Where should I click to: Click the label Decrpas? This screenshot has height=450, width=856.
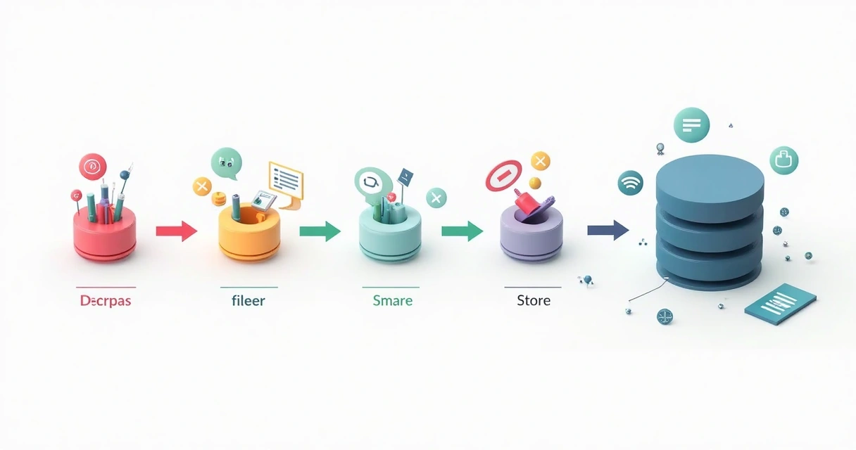pos(106,301)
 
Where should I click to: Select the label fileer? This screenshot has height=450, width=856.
pos(248,301)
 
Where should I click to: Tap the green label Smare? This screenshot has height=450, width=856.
pos(392,301)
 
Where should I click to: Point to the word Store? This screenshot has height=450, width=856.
pos(534,301)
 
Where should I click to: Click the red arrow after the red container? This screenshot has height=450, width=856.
pos(176,231)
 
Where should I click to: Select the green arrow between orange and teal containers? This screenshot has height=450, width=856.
pos(320,231)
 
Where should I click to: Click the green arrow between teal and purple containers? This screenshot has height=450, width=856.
pos(462,231)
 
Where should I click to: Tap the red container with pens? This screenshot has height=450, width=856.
pos(105,232)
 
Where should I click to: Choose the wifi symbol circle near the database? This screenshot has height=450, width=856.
pos(630,183)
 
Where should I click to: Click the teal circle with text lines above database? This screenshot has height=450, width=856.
pos(691,125)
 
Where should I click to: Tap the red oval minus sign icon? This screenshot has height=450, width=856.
pos(503,175)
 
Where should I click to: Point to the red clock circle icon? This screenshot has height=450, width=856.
pos(92,167)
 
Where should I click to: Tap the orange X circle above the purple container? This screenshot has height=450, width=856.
pos(540,162)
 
